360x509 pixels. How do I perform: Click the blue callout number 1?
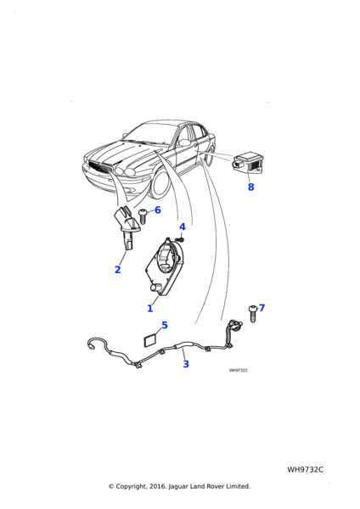[149, 308]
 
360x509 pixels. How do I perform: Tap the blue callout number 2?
[118, 270]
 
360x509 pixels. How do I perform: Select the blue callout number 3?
[186, 364]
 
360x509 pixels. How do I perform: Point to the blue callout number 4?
[183, 227]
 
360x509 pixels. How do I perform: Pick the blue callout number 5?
[165, 325]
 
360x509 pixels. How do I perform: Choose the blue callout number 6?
[158, 210]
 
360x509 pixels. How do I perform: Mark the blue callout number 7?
[262, 308]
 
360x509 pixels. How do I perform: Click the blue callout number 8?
[250, 187]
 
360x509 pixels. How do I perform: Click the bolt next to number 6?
[143, 216]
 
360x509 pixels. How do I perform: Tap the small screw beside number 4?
[182, 239]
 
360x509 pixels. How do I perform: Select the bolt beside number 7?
[253, 314]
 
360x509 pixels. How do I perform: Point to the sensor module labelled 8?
[248, 165]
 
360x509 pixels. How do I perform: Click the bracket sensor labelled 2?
[127, 232]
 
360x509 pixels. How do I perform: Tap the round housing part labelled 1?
[164, 266]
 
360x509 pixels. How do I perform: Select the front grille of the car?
[100, 167]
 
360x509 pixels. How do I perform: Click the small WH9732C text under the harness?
[238, 371]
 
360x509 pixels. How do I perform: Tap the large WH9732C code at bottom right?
[305, 470]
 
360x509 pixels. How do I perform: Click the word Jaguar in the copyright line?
[178, 487]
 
